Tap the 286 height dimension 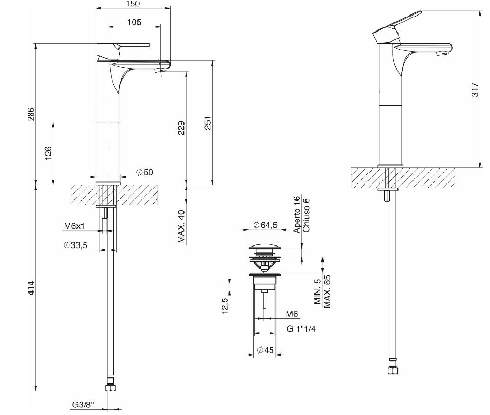coord(30,114)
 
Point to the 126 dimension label coord(48,153)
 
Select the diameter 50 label coord(145,172)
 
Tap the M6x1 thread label coord(74,226)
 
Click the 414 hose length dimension coord(30,288)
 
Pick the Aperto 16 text coord(297,214)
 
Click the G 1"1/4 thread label coord(301,329)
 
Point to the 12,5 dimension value coord(225,306)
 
